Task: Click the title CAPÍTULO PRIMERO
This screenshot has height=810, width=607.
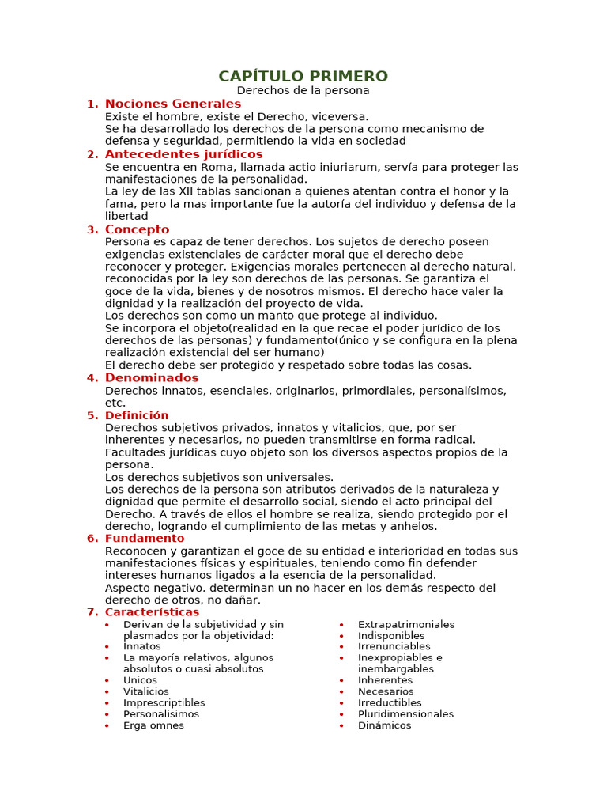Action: tap(303, 76)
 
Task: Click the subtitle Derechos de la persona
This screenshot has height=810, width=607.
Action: tap(303, 90)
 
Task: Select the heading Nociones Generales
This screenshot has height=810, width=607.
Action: tap(173, 104)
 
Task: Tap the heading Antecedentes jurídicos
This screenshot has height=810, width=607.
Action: tap(183, 154)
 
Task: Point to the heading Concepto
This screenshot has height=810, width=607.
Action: tap(137, 229)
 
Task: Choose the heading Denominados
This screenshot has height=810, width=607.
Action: tap(152, 378)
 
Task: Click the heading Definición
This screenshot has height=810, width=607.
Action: tap(137, 415)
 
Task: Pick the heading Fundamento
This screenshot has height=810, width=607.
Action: tap(145, 539)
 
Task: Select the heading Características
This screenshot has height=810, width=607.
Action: tap(152, 612)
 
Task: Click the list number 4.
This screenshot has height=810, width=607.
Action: tap(92, 378)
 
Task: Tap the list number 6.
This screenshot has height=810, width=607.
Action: tap(92, 539)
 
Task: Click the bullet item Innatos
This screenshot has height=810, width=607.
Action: tap(142, 646)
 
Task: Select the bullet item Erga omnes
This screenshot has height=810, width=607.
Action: tap(153, 725)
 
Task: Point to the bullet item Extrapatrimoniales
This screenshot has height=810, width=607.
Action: tap(406, 624)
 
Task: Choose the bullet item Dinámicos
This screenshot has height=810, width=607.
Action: tap(384, 725)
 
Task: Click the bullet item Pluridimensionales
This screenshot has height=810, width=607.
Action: tap(405, 714)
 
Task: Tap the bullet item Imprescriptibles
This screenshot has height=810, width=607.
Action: tap(164, 702)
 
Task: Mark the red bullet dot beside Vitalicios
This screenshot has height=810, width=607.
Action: tap(107, 692)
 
